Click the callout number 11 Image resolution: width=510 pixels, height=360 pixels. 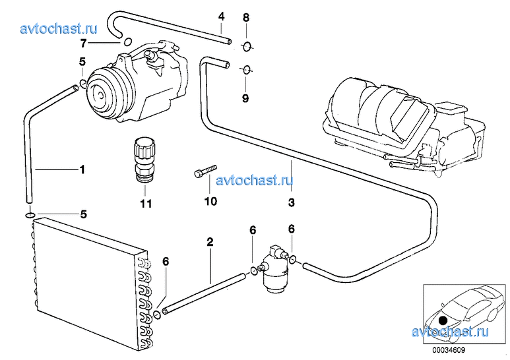coord(146,204)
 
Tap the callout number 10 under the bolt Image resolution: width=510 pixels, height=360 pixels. coord(210,201)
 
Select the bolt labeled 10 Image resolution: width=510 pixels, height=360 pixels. coord(205,171)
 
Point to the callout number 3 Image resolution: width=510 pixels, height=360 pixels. coord(292,202)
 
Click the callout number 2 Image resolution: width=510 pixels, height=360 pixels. coord(210,242)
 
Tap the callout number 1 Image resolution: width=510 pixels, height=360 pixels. coord(82,169)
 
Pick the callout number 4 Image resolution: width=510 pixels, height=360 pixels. coord(221,16)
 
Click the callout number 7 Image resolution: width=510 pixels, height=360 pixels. coord(83,43)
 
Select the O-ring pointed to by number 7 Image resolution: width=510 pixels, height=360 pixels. coord(128,42)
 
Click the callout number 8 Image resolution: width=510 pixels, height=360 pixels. coord(246,18)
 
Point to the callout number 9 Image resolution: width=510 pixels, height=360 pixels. coord(245,98)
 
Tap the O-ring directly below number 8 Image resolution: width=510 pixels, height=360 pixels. coord(247,47)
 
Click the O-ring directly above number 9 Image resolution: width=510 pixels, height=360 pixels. coord(246,69)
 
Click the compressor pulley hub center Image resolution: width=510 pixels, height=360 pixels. coord(100,94)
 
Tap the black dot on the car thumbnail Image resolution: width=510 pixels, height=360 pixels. coord(442,320)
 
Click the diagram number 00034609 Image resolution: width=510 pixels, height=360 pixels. coord(449,350)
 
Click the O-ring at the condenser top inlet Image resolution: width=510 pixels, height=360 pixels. coord(30,215)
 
